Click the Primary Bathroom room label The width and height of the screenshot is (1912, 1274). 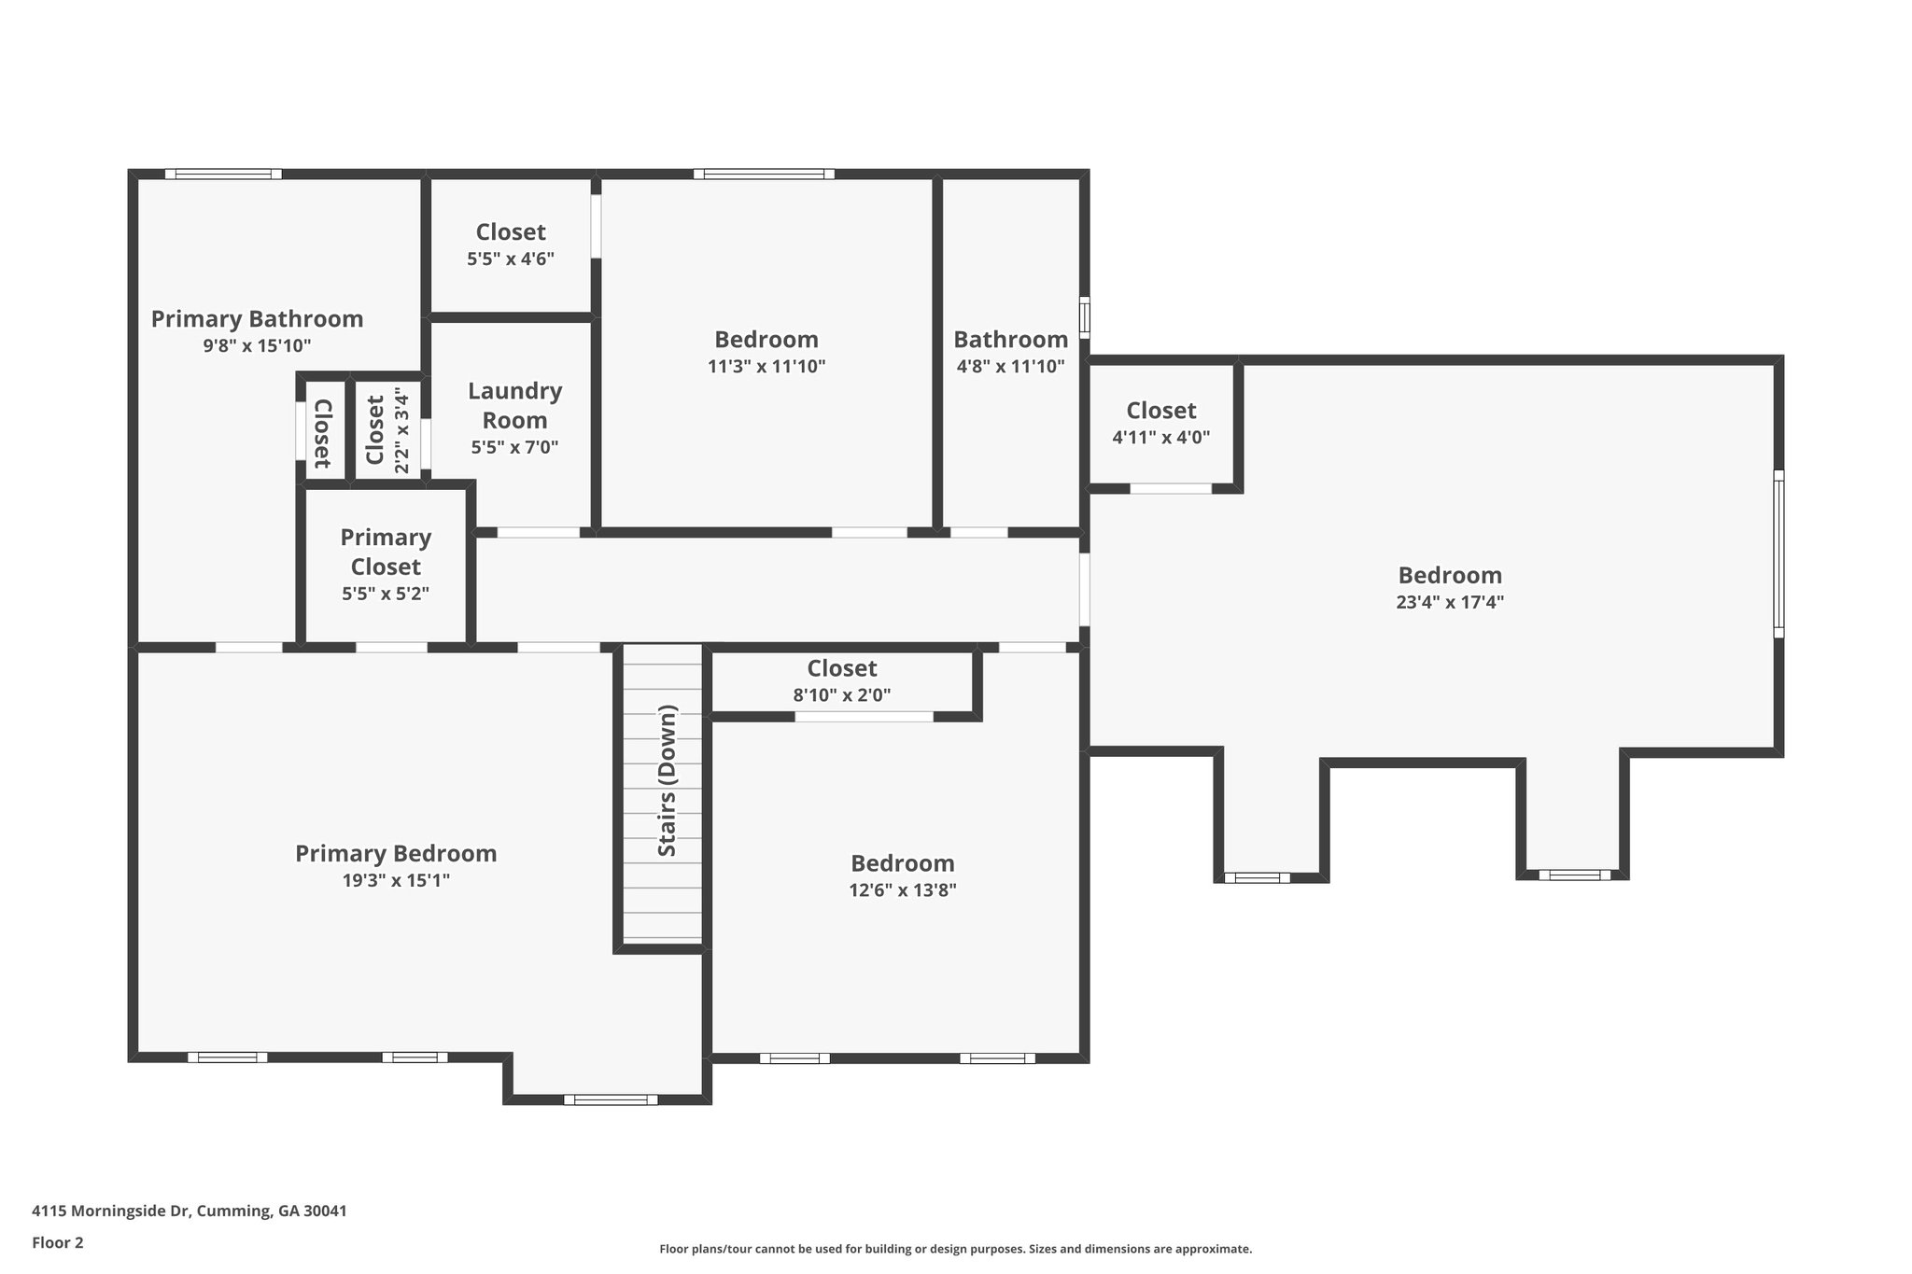click(x=257, y=319)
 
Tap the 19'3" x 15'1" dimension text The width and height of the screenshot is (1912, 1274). click(x=396, y=880)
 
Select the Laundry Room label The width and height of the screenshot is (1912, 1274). click(x=515, y=405)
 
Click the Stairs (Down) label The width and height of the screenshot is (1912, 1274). click(x=667, y=780)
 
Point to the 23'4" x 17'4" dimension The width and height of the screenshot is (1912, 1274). click(x=1450, y=602)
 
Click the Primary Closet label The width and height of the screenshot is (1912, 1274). click(x=386, y=552)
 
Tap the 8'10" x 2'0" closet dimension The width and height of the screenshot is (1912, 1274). click(x=842, y=695)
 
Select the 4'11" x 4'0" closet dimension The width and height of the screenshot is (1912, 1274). click(x=1161, y=437)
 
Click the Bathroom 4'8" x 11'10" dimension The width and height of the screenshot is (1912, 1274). click(x=1010, y=367)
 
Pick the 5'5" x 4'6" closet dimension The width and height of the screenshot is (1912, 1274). click(x=511, y=259)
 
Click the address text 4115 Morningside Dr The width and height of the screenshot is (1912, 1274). click(x=112, y=1211)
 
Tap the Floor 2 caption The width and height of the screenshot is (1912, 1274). click(x=58, y=1242)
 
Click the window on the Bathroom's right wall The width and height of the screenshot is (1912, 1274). click(x=1084, y=316)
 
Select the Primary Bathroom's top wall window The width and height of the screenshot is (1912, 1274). click(x=223, y=174)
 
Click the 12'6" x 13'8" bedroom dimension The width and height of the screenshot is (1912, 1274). click(x=903, y=890)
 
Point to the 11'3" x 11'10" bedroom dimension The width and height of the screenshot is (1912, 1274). click(x=766, y=367)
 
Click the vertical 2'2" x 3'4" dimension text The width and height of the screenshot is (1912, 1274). click(x=402, y=430)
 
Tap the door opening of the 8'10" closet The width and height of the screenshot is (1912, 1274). click(x=864, y=717)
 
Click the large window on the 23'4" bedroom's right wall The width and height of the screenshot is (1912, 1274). click(x=1778, y=554)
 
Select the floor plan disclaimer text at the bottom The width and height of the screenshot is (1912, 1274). click(x=956, y=1249)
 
